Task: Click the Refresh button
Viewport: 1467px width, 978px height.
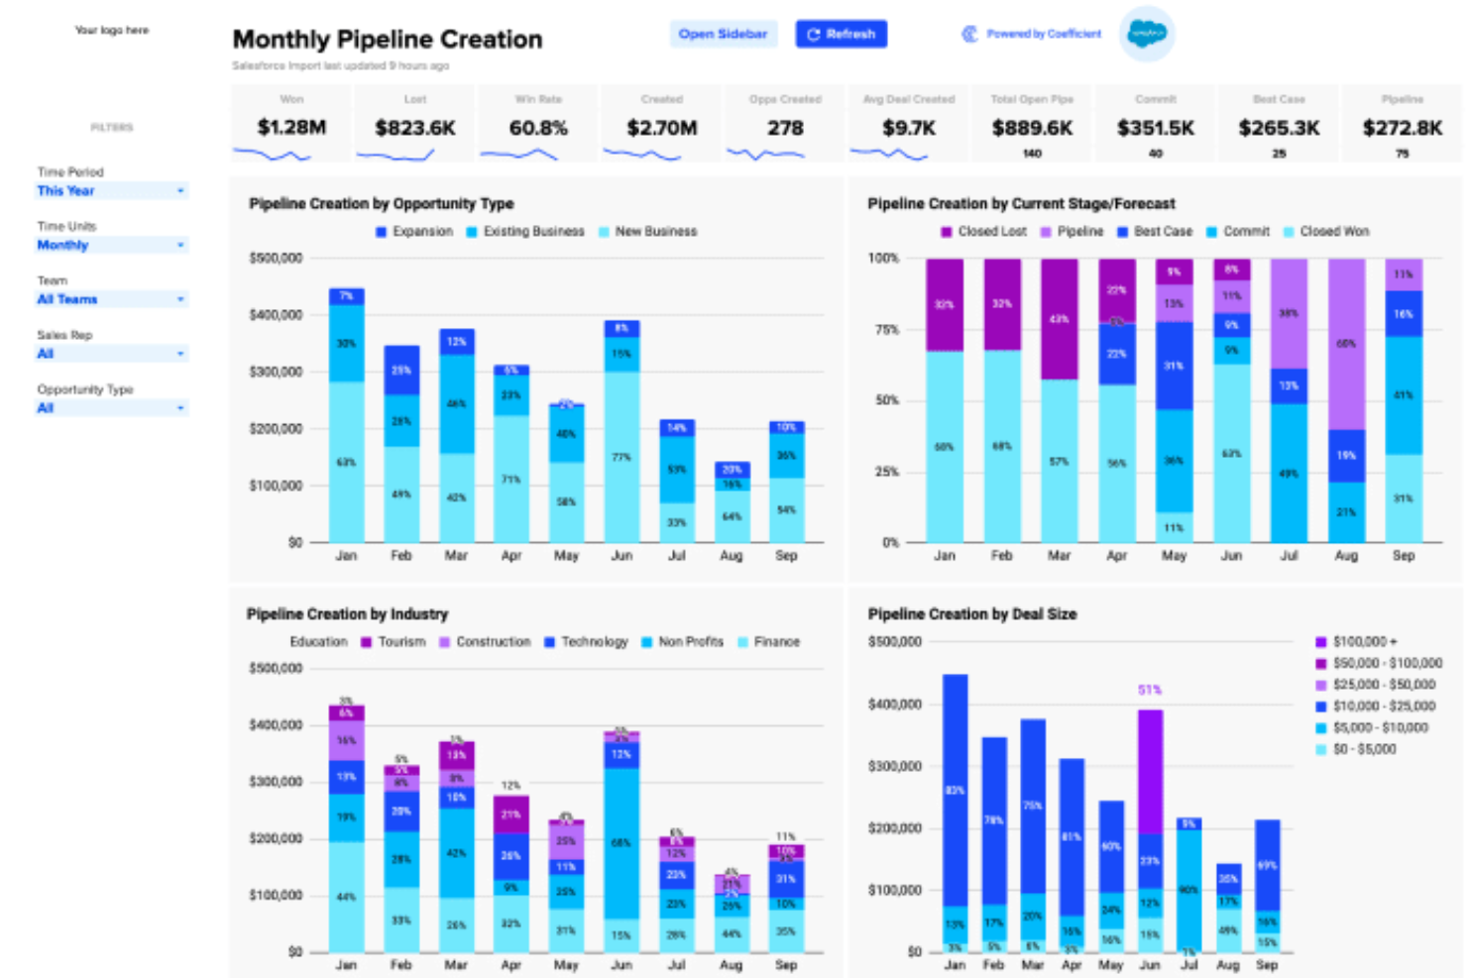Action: tap(841, 34)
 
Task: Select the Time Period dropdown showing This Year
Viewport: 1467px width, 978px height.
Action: tap(111, 190)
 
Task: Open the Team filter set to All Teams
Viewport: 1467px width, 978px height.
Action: tap(111, 299)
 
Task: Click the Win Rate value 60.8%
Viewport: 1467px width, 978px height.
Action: tap(538, 128)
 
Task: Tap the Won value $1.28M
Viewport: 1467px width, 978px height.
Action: tap(291, 128)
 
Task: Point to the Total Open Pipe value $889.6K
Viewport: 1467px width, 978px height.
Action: tap(1032, 128)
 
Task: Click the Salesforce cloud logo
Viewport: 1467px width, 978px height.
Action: tap(1147, 34)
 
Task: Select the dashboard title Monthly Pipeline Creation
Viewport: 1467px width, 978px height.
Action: tap(388, 40)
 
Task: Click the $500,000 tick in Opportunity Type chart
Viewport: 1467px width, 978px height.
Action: tap(276, 259)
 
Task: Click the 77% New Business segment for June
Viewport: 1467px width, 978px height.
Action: tap(621, 457)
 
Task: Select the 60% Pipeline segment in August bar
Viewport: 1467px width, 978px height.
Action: tap(1346, 344)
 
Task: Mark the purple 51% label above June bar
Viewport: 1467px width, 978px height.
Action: tap(1150, 690)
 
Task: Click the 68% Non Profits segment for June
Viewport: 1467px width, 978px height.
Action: tap(621, 842)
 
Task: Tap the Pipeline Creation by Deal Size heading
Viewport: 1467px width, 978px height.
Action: tap(971, 614)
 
